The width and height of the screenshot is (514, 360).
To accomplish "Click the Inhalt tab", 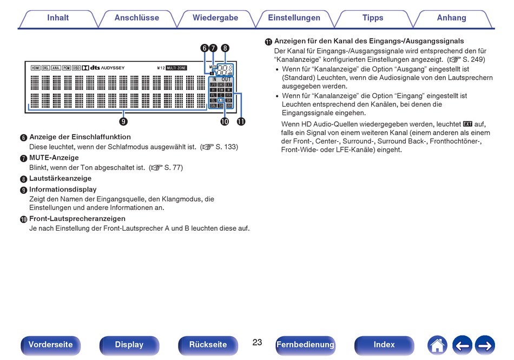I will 58,18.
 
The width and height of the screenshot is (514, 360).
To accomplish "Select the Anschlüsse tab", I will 137,18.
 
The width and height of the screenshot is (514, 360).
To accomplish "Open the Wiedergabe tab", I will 215,18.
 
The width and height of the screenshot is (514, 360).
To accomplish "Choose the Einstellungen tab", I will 294,18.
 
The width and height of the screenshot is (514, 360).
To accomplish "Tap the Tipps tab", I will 373,18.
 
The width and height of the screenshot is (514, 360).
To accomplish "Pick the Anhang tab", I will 452,18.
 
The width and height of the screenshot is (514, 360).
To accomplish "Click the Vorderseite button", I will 50,345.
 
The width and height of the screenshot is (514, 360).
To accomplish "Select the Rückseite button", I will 208,345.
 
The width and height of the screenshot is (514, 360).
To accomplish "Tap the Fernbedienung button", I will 305,345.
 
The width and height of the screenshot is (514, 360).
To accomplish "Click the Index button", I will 384,345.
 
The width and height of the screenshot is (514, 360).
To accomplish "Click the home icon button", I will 437,345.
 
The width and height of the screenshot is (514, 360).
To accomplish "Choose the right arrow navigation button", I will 485,345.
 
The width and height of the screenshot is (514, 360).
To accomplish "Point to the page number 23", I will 257,342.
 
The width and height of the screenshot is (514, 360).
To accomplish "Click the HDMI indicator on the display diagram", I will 35,68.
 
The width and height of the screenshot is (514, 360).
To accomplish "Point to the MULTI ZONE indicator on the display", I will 176,68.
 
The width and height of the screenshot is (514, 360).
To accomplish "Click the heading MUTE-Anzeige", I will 54,158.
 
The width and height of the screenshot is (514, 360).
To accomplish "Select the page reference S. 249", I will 473,59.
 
